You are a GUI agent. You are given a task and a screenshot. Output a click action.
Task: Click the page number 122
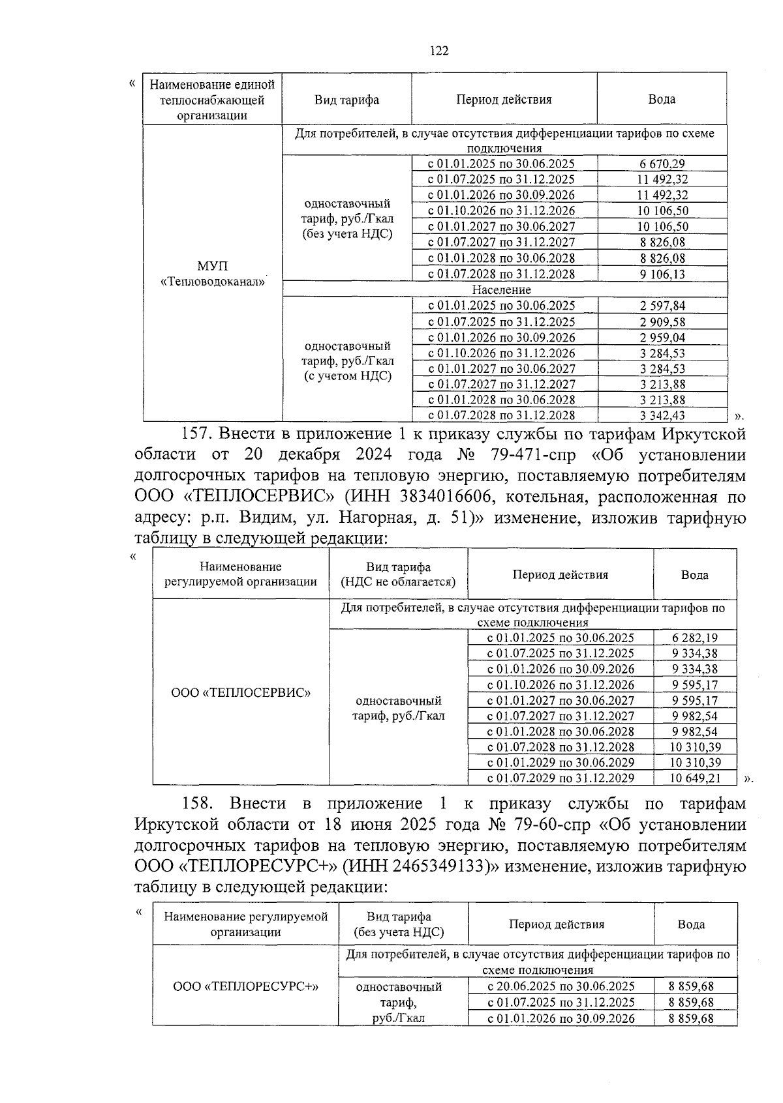(x=440, y=51)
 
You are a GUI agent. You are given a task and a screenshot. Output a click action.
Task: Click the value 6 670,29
(x=662, y=164)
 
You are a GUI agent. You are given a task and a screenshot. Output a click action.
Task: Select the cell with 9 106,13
(x=662, y=274)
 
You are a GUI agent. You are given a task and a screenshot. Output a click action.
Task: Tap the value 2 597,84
(x=662, y=306)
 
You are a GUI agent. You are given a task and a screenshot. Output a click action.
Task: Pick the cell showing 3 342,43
(x=662, y=415)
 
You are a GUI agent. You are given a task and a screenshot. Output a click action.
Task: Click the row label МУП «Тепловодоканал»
(x=213, y=274)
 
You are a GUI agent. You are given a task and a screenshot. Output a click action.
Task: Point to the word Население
(x=502, y=289)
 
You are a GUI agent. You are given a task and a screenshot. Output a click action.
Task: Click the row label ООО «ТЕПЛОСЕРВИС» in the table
(x=241, y=692)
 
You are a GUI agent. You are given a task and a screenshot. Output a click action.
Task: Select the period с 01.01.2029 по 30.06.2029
(x=560, y=762)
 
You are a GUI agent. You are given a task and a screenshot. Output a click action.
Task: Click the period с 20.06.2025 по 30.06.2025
(x=560, y=986)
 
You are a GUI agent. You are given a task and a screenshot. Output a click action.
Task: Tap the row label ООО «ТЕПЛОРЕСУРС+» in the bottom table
(x=245, y=986)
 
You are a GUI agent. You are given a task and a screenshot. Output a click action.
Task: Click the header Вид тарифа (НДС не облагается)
(x=398, y=574)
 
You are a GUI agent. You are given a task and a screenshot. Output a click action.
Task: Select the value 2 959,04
(x=662, y=337)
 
